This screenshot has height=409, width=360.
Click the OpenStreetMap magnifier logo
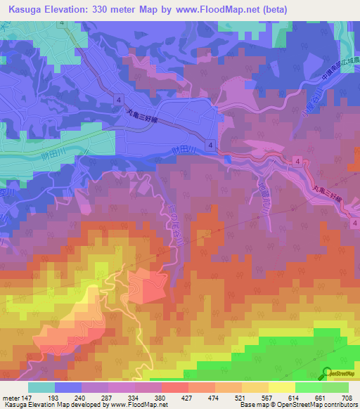coord(327,375)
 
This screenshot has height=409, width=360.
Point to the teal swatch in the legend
coord(41,387)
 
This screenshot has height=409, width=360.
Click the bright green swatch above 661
coord(308,387)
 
